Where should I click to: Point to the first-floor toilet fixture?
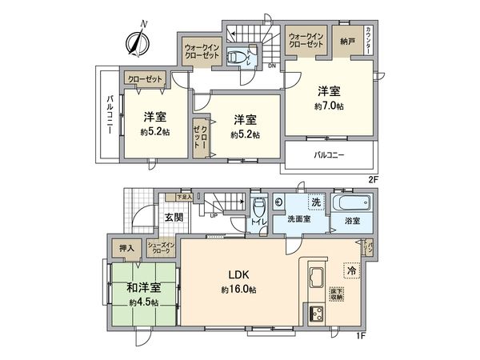point(258,212)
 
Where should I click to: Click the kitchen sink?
point(314,281)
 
